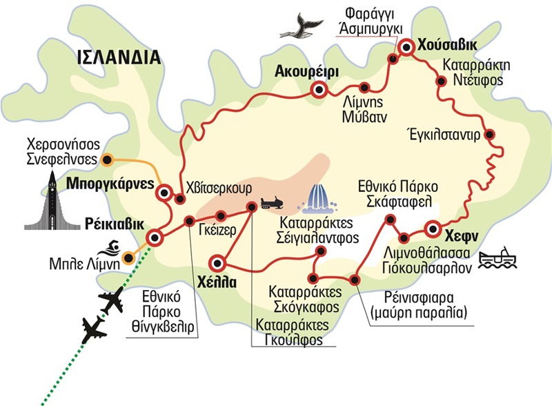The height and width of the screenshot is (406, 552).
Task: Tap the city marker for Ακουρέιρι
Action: [x=319, y=89]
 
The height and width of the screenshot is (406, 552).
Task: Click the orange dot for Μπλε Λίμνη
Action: [x=126, y=260]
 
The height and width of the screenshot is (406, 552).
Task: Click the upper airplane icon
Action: [x=112, y=302]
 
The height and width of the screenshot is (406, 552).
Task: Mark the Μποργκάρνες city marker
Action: [x=164, y=193]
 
